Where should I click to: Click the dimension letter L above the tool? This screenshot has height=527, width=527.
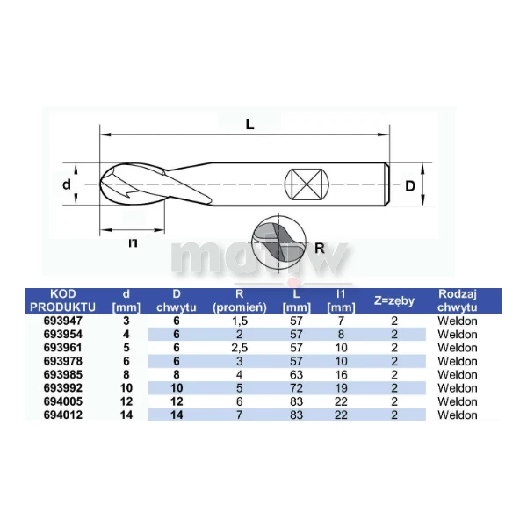pos(250,124)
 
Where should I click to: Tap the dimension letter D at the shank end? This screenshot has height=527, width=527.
pos(409,185)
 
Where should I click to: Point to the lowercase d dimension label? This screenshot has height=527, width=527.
pos(65,184)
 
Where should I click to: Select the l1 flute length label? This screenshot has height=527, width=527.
pos(133,242)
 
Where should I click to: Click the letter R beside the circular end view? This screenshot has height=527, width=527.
pos(320,247)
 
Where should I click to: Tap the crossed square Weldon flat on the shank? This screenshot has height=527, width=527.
pos(307,185)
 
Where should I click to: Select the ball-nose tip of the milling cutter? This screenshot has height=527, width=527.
pos(110,185)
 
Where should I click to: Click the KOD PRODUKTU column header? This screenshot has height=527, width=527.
pos(59,300)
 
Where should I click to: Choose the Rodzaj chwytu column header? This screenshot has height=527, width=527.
pos(457,300)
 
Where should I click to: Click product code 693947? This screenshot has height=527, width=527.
pos(59,321)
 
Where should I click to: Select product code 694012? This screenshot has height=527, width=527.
pos(59,415)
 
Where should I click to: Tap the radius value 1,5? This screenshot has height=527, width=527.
pos(239,321)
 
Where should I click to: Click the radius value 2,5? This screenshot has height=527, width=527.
pos(239,348)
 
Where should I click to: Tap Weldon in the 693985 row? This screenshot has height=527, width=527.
pos(457,375)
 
